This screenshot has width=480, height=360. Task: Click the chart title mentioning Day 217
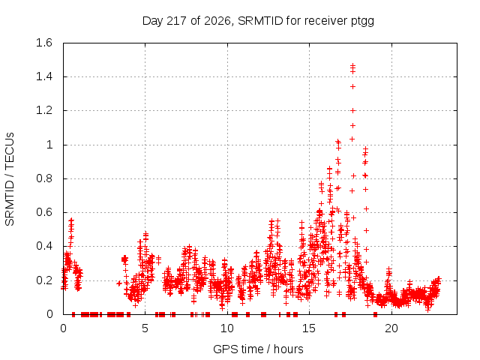tap(258, 21)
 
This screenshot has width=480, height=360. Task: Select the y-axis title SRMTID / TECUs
tap(10, 179)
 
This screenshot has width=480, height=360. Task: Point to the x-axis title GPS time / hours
tap(258, 349)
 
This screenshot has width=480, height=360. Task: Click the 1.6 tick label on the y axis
tap(44, 43)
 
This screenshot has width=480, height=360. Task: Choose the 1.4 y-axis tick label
tap(44, 76)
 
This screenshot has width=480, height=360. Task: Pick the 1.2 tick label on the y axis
tap(44, 110)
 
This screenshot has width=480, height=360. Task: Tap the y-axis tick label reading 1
tap(49, 145)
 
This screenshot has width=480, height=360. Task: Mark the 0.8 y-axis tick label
tap(44, 178)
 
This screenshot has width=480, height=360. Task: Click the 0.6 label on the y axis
tap(44, 212)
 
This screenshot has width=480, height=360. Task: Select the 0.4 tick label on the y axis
tap(44, 246)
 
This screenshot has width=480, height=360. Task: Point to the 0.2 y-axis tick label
tap(44, 280)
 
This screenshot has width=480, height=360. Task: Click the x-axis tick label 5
tap(145, 328)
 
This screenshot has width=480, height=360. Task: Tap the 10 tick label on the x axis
tap(227, 328)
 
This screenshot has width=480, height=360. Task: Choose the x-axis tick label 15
tap(309, 328)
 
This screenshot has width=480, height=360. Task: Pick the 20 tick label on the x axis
tap(391, 328)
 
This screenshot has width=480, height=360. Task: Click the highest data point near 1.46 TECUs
tap(353, 65)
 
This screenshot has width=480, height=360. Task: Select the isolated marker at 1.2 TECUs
tap(353, 110)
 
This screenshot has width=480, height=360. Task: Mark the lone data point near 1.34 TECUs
tap(353, 87)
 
